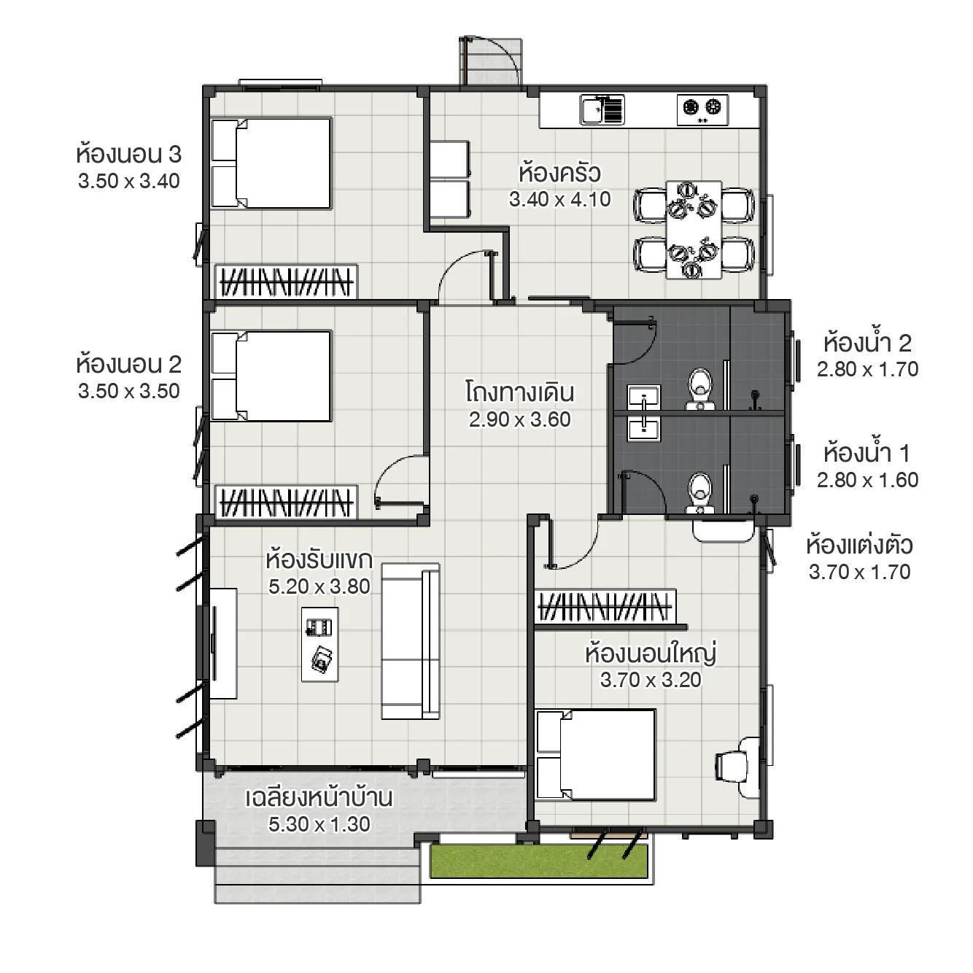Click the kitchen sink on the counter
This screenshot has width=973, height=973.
click(602, 110)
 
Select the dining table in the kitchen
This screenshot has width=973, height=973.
click(693, 230)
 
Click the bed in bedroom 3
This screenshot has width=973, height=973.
click(271, 163)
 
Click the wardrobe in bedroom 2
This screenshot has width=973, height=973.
click(287, 503)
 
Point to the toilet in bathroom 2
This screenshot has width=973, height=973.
click(700, 387)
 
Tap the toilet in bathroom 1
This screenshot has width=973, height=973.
click(700, 492)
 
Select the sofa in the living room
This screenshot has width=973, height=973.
click(410, 641)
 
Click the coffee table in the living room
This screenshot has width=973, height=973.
click(320, 644)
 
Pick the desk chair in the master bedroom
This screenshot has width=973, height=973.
click(732, 766)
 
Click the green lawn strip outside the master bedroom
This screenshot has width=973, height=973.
click(538, 861)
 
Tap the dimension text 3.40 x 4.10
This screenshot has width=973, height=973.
click(559, 199)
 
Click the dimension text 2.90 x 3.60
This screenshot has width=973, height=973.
click(519, 419)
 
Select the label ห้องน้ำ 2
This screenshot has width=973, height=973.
click(867, 343)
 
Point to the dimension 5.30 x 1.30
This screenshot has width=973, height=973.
click(319, 824)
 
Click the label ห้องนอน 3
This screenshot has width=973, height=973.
click(128, 155)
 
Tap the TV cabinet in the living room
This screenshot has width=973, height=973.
click(224, 643)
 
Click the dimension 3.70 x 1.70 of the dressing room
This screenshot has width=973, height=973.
click(859, 572)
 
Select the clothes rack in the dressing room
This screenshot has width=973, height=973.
click(605, 607)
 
